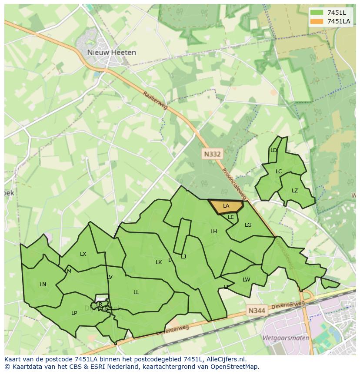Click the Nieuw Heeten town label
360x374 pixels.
click(x=111, y=53)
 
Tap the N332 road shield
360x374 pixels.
click(x=212, y=154)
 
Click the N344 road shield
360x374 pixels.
click(x=257, y=311)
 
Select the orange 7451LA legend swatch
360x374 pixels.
click(x=317, y=21)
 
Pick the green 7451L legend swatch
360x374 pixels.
click(x=317, y=13)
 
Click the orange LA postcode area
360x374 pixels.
click(x=226, y=206)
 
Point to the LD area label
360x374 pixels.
click(x=273, y=150)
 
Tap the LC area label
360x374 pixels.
click(x=279, y=171)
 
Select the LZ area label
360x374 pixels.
click(x=295, y=191)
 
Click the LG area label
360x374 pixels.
click(x=248, y=225)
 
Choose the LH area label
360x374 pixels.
click(x=213, y=232)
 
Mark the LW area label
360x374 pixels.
click(x=246, y=280)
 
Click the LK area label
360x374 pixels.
click(x=159, y=262)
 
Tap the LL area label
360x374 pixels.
click(x=136, y=292)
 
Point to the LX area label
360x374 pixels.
click(x=83, y=254)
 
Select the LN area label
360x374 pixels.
click(x=43, y=285)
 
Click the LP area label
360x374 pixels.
click(x=74, y=313)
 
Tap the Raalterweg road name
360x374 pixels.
click(x=155, y=100)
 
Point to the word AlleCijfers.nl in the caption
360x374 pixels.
click(x=225, y=359)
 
